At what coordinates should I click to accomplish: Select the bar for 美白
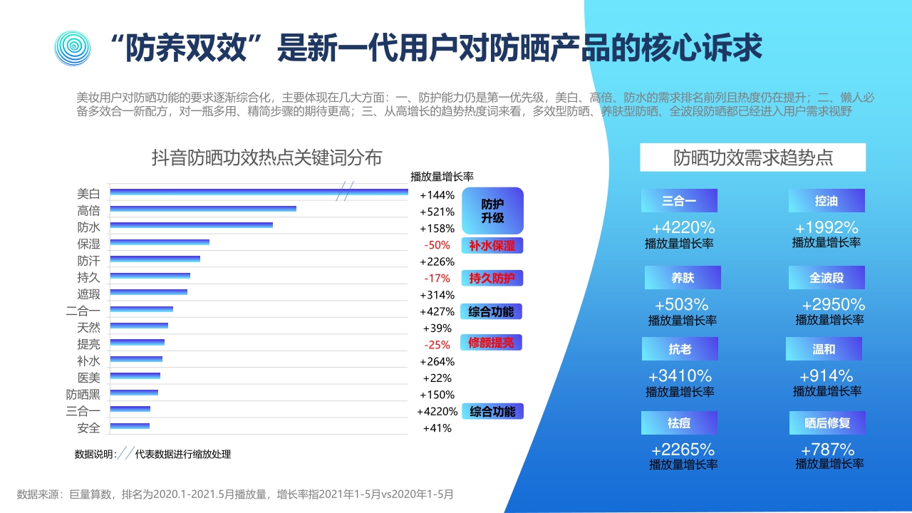point(259,192)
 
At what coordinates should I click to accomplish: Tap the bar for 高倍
point(203,209)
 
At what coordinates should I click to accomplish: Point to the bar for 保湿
point(160,242)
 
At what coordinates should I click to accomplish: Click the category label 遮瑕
point(88,295)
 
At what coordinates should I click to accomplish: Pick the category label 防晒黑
point(83,395)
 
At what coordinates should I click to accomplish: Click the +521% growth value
point(437,212)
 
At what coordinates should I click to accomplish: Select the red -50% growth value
point(437,245)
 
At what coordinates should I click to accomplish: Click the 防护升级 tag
point(492,210)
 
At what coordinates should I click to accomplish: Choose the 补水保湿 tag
point(492,246)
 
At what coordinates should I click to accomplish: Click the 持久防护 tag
point(492,279)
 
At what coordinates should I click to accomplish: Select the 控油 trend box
point(826,201)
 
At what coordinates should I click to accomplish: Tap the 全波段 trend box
point(826,278)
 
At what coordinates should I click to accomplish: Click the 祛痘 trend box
point(679,423)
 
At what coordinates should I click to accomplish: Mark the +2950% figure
point(833,304)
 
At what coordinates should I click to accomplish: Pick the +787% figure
point(828,450)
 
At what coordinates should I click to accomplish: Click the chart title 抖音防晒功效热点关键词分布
point(266,157)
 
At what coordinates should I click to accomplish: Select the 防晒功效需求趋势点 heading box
point(752,157)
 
